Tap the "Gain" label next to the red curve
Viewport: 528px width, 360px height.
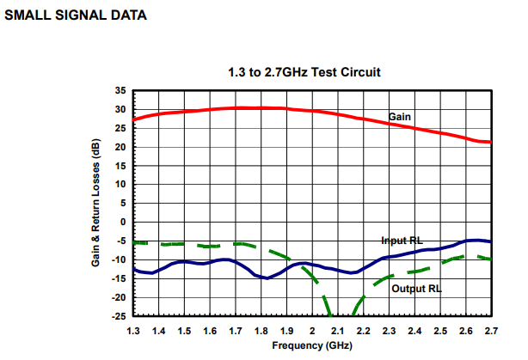click(x=400, y=117)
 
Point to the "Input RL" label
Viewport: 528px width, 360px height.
click(x=402, y=241)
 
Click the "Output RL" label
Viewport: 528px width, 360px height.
click(x=416, y=289)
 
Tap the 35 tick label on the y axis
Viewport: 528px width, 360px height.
click(x=120, y=90)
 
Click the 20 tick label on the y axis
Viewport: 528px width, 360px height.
click(x=120, y=147)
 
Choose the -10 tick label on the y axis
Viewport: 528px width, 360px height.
click(x=119, y=259)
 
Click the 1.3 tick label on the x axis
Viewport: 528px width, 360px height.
click(x=133, y=331)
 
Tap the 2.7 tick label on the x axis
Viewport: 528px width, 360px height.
click(x=491, y=331)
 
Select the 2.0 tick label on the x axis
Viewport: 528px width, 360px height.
click(x=312, y=331)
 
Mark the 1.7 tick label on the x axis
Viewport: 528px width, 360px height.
click(x=236, y=331)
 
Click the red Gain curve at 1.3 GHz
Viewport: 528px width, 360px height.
click(x=134, y=119)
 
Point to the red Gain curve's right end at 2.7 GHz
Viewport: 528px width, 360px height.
click(x=490, y=142)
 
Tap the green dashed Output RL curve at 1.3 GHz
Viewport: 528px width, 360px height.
click(x=135, y=242)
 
